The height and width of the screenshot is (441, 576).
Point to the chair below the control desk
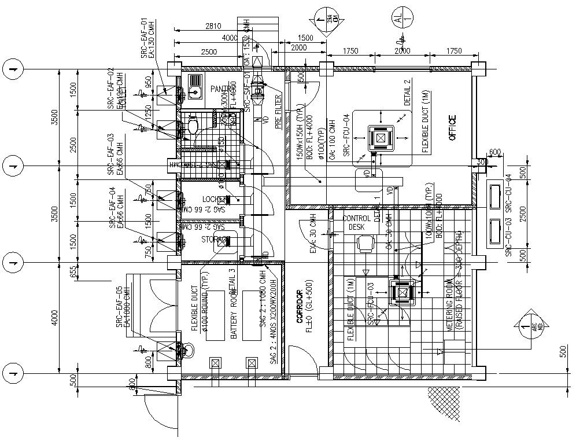pos(364,245)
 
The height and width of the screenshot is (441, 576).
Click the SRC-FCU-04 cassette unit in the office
pos(380,138)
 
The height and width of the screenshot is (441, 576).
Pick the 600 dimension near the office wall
pos(494,153)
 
